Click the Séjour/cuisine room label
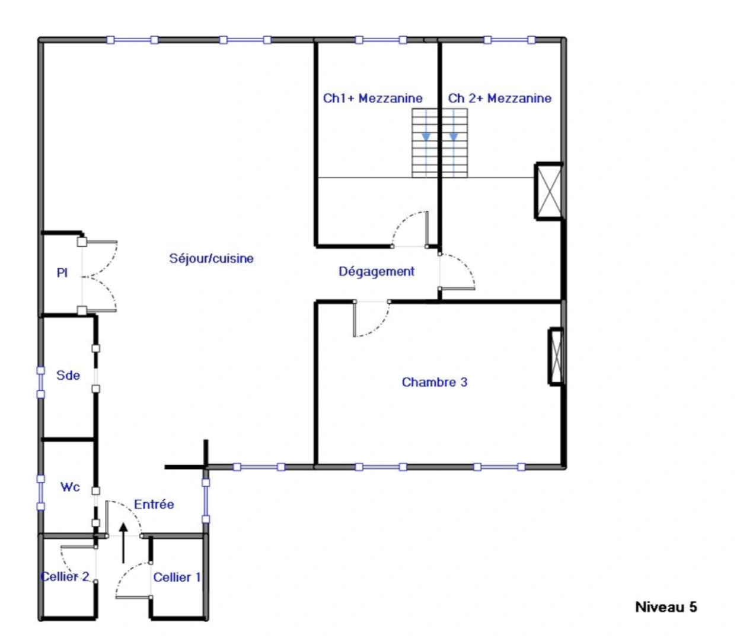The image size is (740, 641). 211,259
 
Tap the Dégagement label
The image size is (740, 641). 377,272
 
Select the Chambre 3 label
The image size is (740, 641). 435,382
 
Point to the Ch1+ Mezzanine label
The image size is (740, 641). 372,99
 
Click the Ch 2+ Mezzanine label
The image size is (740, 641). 499,99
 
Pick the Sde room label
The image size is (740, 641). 68,375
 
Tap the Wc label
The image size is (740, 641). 70,487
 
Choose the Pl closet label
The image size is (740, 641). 62,273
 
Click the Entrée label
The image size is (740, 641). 154,504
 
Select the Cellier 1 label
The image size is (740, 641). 177,577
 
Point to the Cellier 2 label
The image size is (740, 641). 65,577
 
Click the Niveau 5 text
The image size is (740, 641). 666,607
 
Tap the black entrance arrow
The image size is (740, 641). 123,542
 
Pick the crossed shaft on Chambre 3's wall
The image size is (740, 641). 556,356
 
